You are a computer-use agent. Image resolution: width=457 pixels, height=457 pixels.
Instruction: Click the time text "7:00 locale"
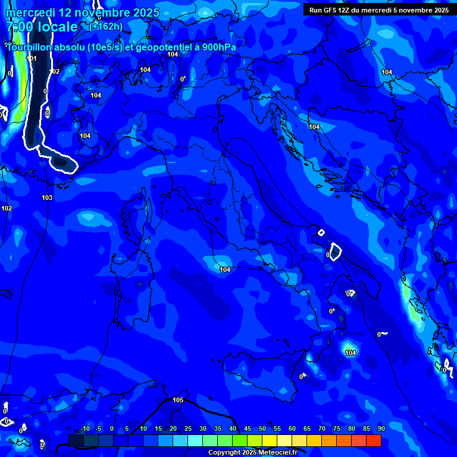[41, 27]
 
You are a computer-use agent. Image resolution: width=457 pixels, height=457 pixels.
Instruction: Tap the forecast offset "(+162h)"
[106, 26]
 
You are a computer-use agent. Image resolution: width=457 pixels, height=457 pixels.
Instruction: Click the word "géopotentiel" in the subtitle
[163, 48]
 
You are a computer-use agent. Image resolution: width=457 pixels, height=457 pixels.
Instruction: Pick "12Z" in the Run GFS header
[347, 10]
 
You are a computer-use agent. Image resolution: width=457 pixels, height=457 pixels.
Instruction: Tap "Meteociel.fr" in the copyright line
[278, 453]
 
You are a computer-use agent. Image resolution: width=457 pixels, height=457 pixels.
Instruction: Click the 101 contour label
[32, 58]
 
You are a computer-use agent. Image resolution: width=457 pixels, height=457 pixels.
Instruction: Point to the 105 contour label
[177, 400]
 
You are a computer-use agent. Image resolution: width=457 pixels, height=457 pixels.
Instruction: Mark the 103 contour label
[47, 198]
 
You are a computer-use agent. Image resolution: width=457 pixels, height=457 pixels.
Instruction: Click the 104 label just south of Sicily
[350, 353]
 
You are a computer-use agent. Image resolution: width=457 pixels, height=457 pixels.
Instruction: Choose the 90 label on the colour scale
[381, 429]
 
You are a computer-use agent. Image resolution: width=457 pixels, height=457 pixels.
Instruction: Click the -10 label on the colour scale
[85, 429]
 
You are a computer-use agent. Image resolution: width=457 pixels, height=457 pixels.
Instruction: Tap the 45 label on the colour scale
[247, 429]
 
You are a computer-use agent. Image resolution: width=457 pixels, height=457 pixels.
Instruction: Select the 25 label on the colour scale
[187, 429]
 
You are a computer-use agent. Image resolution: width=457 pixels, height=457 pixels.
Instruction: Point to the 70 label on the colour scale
[321, 429]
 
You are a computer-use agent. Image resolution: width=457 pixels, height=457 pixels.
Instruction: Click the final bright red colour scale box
[373, 440]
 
